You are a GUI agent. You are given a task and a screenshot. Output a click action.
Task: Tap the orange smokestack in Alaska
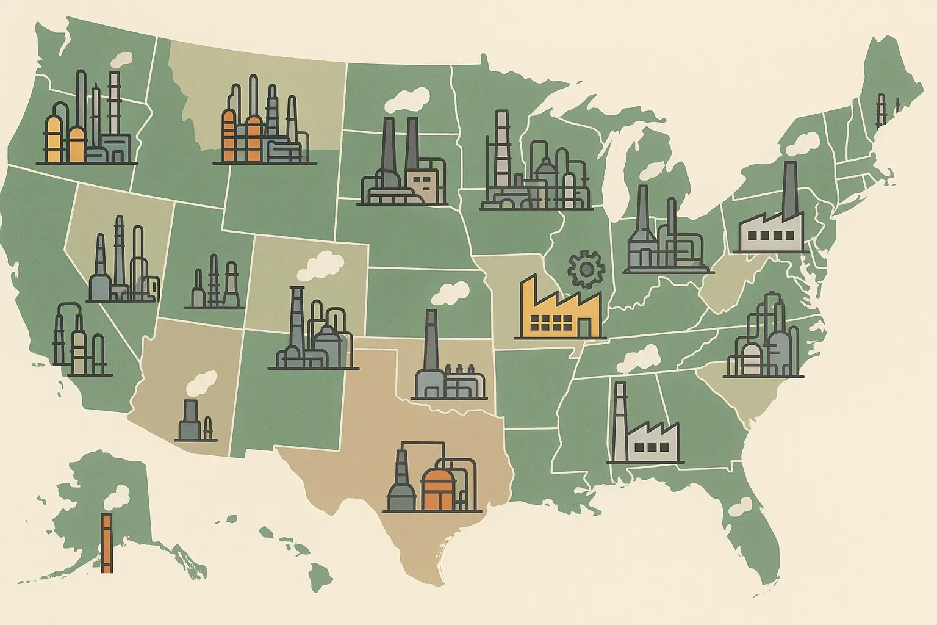click(107, 543)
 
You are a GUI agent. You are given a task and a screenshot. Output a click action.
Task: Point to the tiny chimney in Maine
click(880, 110)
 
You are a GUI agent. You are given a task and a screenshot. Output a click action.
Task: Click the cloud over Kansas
click(450, 294)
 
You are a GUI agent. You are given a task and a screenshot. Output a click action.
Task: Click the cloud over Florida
click(741, 505)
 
